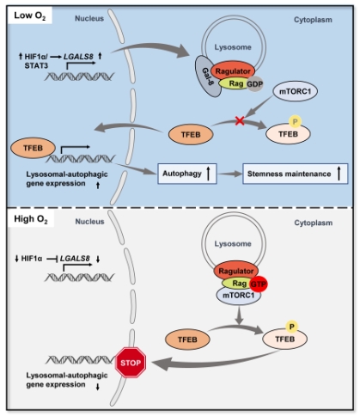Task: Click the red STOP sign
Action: click(x=131, y=363)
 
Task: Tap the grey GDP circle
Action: click(x=254, y=84)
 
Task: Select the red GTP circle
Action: click(x=259, y=284)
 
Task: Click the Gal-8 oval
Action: click(x=208, y=76)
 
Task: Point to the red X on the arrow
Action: click(x=240, y=120)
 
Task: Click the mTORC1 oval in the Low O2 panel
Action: click(x=295, y=91)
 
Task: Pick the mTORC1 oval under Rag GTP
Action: click(x=239, y=296)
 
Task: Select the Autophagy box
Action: click(x=187, y=174)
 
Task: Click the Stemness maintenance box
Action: click(x=296, y=174)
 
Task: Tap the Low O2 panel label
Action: click(x=30, y=15)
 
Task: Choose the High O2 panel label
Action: click(x=31, y=219)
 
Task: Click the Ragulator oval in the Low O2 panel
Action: click(x=233, y=71)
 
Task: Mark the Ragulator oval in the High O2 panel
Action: click(x=236, y=271)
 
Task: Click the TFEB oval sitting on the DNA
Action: click(x=33, y=148)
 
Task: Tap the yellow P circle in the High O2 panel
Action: click(x=292, y=327)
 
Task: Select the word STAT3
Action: click(x=36, y=65)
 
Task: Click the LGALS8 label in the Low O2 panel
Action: click(x=78, y=57)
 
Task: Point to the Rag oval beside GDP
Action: click(x=235, y=83)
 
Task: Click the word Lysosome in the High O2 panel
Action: click(x=233, y=244)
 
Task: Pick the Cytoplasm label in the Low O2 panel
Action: click(x=313, y=20)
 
